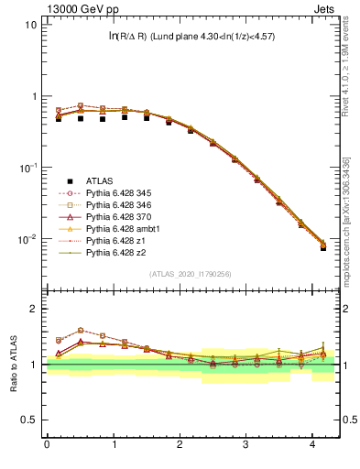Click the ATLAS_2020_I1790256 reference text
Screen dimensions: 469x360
pyautogui.click(x=190, y=274)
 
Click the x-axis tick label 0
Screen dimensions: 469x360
pyautogui.click(x=47, y=445)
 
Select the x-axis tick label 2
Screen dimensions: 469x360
pyautogui.click(x=180, y=445)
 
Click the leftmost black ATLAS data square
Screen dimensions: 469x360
pyautogui.click(x=59, y=118)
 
